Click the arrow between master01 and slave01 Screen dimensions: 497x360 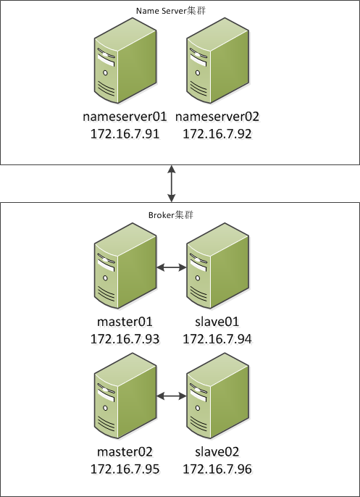pos(171,268)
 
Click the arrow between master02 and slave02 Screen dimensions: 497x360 pos(171,396)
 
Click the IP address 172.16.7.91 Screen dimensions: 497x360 pos(125,134)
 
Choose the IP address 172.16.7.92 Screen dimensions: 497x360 pos(217,134)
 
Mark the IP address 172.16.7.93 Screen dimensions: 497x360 pos(125,338)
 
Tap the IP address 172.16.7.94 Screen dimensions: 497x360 pos(217,338)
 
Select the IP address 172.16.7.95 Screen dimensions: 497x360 pos(125,469)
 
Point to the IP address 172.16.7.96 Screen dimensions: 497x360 pos(217,469)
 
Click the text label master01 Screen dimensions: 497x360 pos(125,321)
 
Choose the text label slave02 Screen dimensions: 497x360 pos(217,451)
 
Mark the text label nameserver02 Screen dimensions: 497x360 pos(217,116)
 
